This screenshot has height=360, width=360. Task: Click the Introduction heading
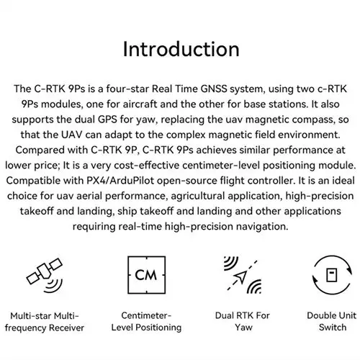click(x=180, y=49)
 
